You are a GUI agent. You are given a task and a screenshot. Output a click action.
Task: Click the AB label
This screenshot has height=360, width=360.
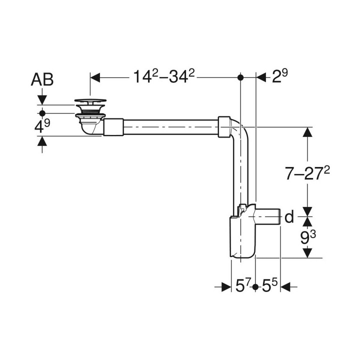tap(42, 79)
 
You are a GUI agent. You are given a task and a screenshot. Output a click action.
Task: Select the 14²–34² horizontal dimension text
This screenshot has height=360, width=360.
tap(164, 76)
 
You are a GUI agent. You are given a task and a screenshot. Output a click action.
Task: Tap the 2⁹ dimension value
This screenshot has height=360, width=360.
tap(279, 76)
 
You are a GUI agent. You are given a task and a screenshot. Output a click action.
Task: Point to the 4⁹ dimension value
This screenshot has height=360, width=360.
tap(42, 126)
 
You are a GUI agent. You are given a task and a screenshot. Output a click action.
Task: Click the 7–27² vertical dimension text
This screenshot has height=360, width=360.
tap(307, 172)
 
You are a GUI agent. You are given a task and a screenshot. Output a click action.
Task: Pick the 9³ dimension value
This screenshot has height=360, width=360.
tap(308, 237)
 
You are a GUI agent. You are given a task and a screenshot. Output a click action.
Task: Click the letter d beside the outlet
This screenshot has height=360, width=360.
tap(289, 217)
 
